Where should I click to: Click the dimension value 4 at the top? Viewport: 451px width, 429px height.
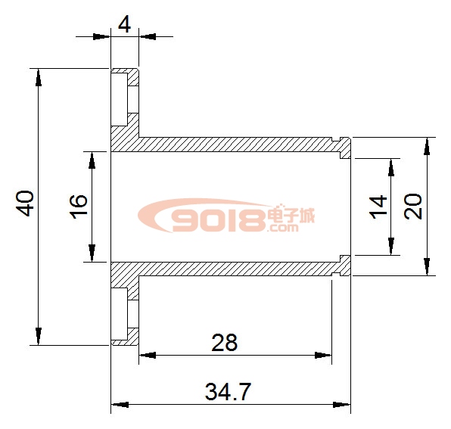pyautogui.click(x=124, y=25)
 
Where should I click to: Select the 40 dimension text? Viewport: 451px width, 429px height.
pyautogui.click(x=25, y=203)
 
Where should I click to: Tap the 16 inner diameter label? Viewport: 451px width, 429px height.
pyautogui.click(x=78, y=206)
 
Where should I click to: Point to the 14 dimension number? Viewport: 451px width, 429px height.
pyautogui.click(x=378, y=207)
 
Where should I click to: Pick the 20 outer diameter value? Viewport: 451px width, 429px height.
pyautogui.click(x=412, y=206)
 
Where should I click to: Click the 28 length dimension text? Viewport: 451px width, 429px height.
pyautogui.click(x=224, y=343)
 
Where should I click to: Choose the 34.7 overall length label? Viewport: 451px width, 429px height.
pyautogui.click(x=228, y=391)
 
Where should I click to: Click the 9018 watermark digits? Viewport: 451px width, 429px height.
pyautogui.click(x=218, y=220)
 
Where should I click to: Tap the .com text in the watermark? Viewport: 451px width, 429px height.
pyautogui.click(x=282, y=228)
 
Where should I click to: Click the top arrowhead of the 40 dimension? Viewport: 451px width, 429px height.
pyautogui.click(x=39, y=77)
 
